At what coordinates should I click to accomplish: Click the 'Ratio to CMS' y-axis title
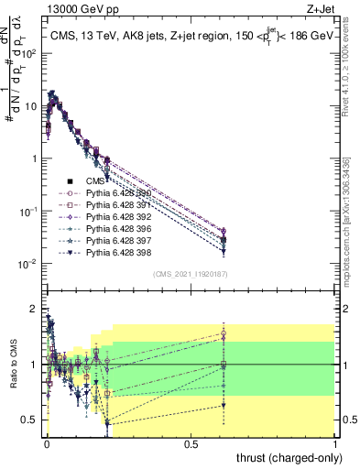coord(13,365)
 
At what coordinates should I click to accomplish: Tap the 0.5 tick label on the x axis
coord(190,443)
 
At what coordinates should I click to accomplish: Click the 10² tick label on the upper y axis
coord(27,53)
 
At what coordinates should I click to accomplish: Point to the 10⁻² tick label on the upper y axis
coord(27,264)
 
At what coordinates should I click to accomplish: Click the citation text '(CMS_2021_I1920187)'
coord(190,273)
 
